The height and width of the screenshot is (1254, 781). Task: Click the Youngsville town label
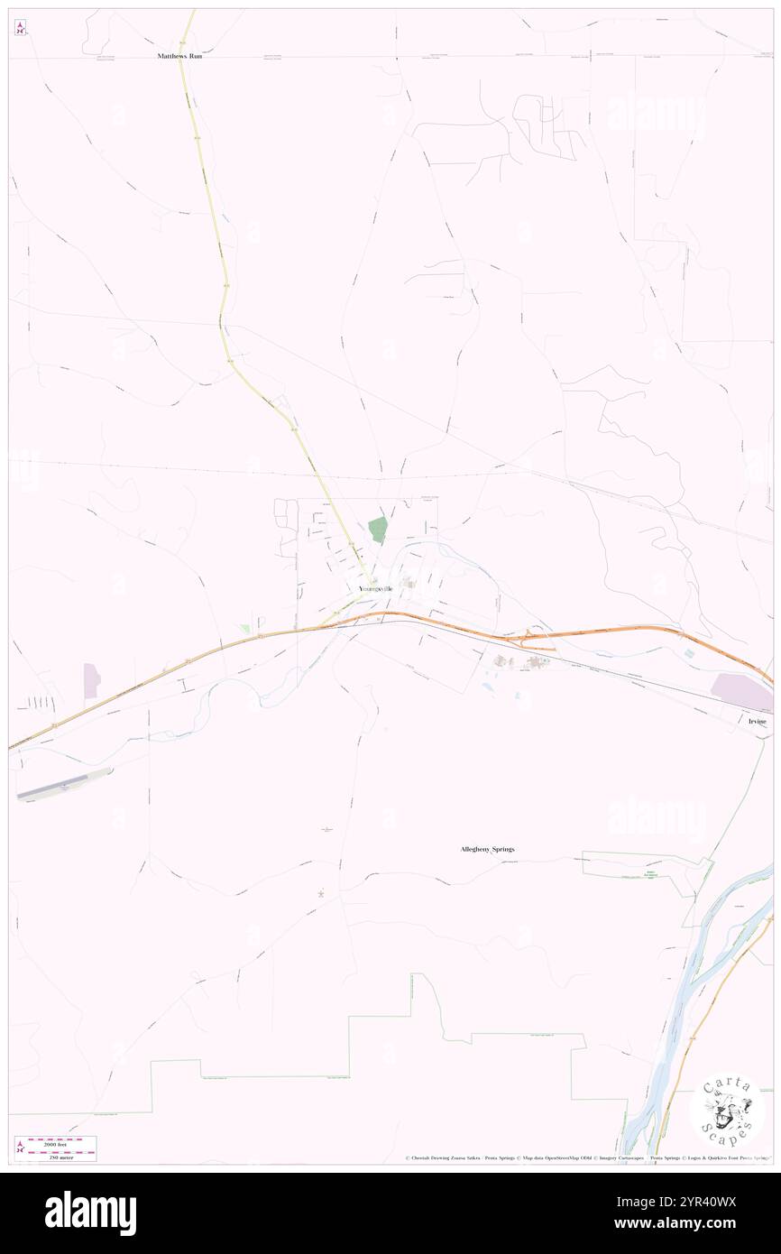tap(375, 588)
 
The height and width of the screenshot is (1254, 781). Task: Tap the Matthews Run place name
tap(177, 56)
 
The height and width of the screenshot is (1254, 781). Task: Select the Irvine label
tap(756, 722)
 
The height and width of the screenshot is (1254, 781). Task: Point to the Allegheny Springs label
tap(487, 850)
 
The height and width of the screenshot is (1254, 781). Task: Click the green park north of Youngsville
tap(378, 530)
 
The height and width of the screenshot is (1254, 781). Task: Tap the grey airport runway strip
tap(63, 785)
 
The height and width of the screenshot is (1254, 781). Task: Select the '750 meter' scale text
tap(61, 1156)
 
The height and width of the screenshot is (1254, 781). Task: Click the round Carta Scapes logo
tap(727, 1110)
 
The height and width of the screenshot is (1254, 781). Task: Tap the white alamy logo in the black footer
tap(90, 1213)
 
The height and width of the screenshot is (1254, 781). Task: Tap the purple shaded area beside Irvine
tap(741, 693)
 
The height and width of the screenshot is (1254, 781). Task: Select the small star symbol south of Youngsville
tap(321, 894)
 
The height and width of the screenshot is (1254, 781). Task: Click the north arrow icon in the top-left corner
tap(20, 28)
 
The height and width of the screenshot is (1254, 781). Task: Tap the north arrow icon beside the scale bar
tap(20, 1148)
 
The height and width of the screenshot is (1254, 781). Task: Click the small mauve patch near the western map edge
tap(91, 681)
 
